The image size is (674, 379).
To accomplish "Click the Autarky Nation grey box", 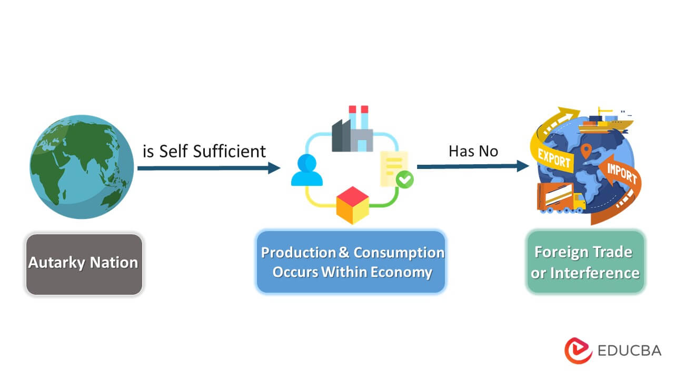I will [84, 264].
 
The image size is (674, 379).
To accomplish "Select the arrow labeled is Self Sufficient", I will [209, 168].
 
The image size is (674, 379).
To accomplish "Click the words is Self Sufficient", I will [204, 151].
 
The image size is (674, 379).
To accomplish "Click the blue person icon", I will [306, 170].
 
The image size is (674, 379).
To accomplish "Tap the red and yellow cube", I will [352, 205].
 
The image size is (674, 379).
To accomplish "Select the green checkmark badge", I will [404, 179].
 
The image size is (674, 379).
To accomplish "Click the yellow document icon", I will [393, 167].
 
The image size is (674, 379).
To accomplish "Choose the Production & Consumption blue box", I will [351, 262].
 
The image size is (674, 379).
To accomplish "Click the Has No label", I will [473, 152].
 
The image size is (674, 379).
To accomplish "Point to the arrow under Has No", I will [472, 166].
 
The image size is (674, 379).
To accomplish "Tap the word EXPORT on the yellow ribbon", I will [554, 158].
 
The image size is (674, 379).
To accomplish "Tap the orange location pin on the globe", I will [585, 152].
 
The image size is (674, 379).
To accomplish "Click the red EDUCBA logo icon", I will [578, 350].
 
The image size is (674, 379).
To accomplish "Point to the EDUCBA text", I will [629, 351].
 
